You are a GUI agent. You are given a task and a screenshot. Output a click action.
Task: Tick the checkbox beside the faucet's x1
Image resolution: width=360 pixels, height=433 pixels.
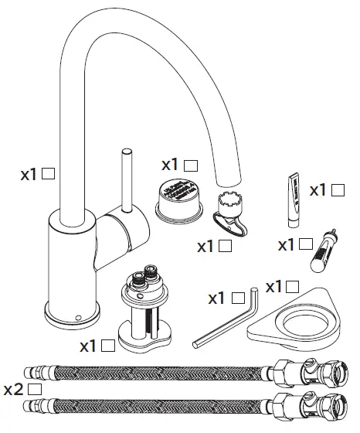pos(48,175)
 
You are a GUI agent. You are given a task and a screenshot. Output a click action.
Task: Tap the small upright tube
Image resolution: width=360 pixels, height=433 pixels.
pos(293,199)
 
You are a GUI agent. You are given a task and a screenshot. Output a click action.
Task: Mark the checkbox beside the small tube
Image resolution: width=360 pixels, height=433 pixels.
pos(338,189)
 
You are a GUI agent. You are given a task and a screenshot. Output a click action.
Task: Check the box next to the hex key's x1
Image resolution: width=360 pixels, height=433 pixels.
pos(238,297)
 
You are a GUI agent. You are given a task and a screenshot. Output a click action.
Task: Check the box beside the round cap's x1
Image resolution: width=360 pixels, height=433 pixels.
pos(192,165)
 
